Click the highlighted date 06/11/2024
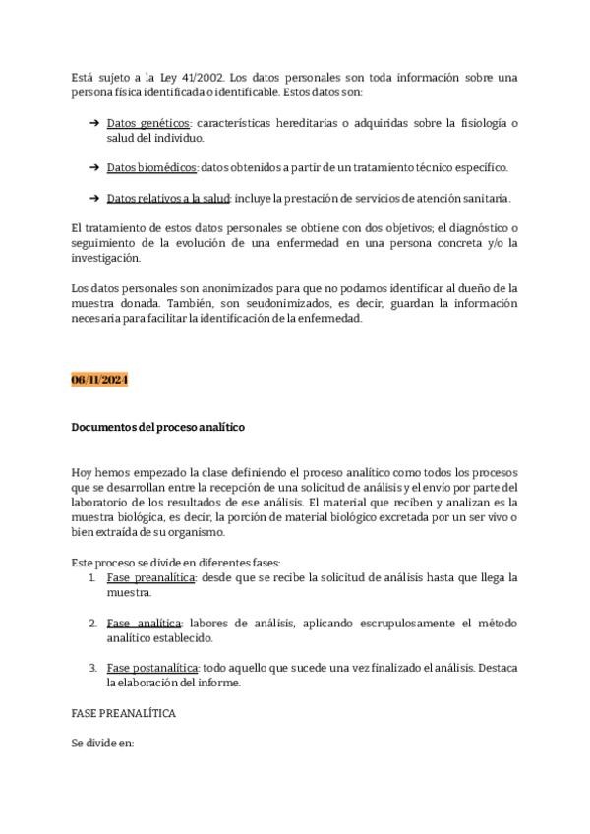[x=99, y=380]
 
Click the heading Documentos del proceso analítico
[x=158, y=428]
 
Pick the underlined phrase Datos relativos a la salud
[x=167, y=198]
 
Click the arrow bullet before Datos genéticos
[x=93, y=123]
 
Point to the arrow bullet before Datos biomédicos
[x=93, y=167]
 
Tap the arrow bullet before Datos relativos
[x=93, y=198]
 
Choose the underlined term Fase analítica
[x=144, y=624]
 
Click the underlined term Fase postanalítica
[x=153, y=668]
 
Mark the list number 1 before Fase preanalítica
[x=92, y=577]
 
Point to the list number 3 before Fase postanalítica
[x=92, y=668]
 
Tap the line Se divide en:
[x=102, y=744]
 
